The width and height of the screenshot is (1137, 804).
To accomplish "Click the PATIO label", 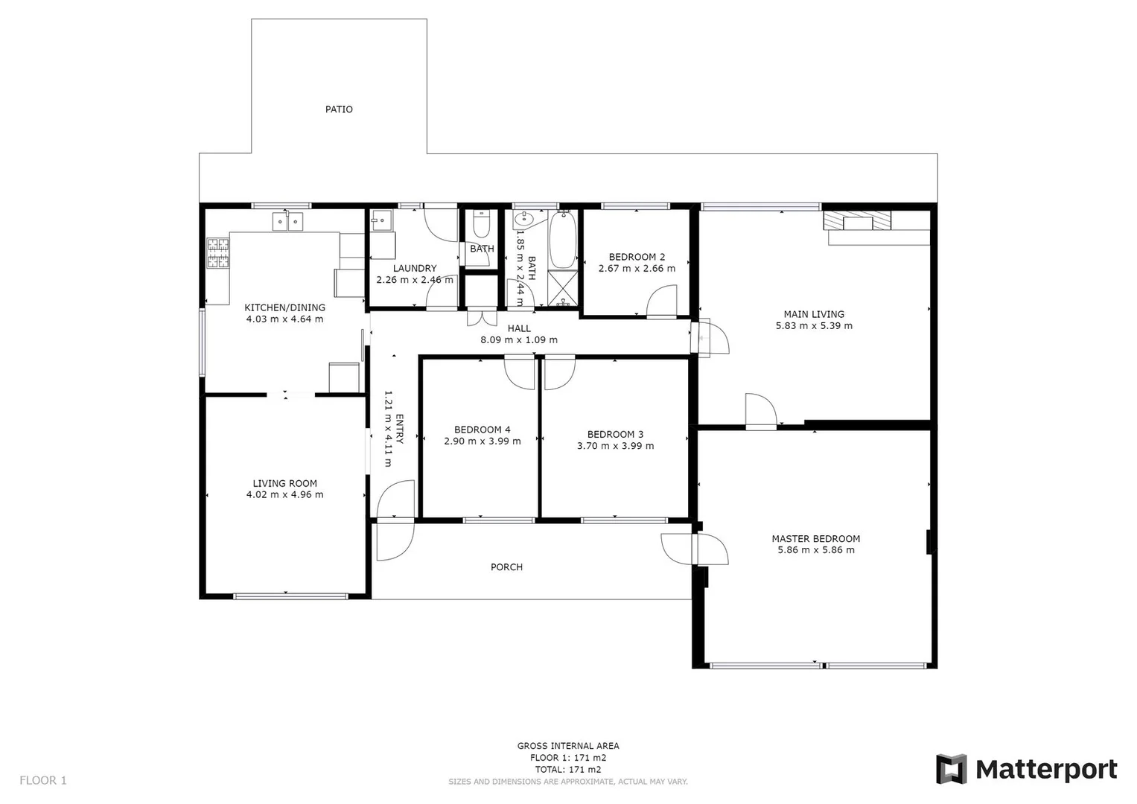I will coord(339,109).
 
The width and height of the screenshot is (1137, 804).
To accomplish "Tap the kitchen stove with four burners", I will coord(218,253).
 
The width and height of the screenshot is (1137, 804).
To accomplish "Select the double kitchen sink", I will coord(287,221).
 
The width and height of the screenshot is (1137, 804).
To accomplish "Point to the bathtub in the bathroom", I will coord(562,240).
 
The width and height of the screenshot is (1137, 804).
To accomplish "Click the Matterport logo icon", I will coord(951,769).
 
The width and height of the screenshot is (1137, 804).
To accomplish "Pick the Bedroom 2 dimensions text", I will coord(637,269).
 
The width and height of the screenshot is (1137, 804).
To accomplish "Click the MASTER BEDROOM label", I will coord(815,539).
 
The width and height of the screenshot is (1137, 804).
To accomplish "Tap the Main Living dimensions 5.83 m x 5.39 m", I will coord(814,326).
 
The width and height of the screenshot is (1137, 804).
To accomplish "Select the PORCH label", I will coord(506,567).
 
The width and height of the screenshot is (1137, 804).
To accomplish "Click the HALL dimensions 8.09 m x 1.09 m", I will coord(519,340).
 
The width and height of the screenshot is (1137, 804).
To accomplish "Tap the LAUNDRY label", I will coord(415,269).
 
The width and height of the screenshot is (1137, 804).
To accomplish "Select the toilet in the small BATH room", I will coord(482,223).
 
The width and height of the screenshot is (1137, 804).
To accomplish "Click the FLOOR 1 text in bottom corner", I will coord(43,781).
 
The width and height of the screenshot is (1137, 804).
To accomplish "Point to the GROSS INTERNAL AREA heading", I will coord(568,746).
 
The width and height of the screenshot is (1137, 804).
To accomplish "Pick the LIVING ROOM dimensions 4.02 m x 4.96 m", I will coord(284,495).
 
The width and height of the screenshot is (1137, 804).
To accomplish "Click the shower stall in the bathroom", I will coord(563,289).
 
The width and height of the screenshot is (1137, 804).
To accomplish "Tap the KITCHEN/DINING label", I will coord(284,307).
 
